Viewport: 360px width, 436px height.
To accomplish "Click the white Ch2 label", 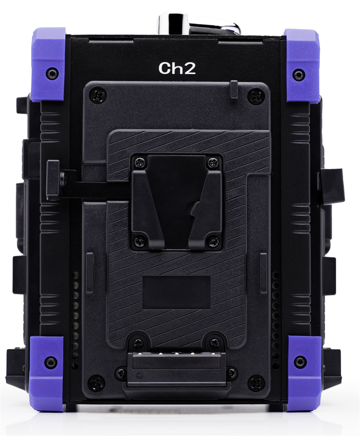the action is (177, 68).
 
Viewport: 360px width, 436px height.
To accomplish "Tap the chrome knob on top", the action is (199, 24).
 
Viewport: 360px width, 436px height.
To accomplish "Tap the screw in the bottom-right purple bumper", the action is (300, 362).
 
